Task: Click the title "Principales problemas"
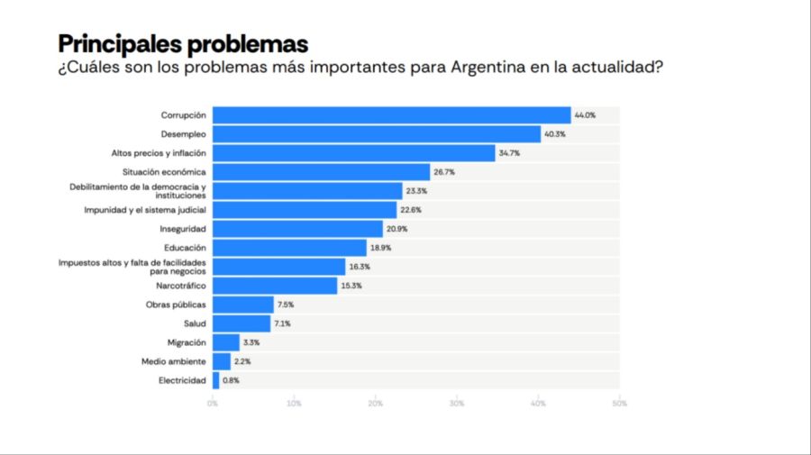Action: coord(183,43)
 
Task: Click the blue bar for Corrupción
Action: coord(391,115)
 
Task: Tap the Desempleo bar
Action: coord(376,134)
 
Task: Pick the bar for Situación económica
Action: coord(321,172)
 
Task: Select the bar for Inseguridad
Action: coord(297,229)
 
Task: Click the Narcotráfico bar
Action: coord(274,286)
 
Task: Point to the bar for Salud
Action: coord(241,323)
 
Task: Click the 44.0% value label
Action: coord(586,115)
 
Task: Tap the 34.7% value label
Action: coord(509,153)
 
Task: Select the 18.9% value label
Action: coord(380,248)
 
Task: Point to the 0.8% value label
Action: coord(231,380)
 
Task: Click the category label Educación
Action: coord(185,248)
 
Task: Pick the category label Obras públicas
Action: coord(176,305)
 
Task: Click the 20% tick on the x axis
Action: coord(375,404)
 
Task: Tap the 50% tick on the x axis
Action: coord(619,404)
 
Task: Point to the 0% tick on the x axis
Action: coord(213,404)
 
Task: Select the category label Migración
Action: coord(187,342)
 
